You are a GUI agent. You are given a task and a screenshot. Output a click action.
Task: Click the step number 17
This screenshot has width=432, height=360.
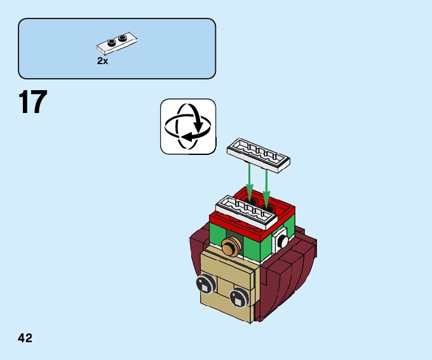(33, 103)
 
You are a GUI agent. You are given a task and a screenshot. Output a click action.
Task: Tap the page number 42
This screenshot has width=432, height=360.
(25, 338)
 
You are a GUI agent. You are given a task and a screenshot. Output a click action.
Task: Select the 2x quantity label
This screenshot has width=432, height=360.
(102, 61)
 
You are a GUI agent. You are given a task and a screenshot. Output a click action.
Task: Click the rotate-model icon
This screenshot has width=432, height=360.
(187, 126)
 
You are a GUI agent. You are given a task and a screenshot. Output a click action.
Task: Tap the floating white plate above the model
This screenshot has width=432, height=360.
(259, 154)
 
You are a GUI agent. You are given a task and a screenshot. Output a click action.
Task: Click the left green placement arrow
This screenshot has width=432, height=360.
(250, 181)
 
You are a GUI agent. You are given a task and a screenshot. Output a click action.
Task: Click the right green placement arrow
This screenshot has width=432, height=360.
(267, 183)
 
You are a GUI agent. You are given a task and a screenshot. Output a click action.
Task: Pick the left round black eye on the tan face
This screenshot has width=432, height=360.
(205, 283)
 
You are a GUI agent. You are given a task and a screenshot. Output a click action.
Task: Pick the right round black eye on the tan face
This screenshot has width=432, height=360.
(240, 297)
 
